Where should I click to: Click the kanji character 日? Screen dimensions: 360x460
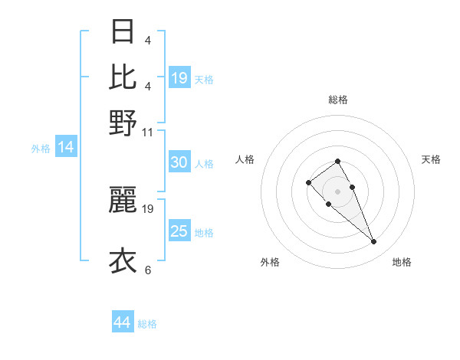[123, 32]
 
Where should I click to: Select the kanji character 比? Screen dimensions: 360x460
[123, 77]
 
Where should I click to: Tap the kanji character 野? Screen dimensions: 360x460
[123, 122]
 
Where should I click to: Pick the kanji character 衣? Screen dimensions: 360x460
[123, 260]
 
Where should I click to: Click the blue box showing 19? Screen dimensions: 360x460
[179, 77]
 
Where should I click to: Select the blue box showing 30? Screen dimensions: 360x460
[179, 162]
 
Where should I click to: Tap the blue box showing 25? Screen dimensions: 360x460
[179, 231]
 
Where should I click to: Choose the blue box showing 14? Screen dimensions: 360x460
[66, 147]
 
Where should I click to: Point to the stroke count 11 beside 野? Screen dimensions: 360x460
[148, 132]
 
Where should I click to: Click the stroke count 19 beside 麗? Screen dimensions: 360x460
[149, 208]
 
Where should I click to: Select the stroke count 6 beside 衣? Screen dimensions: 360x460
[148, 270]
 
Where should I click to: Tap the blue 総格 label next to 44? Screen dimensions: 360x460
[147, 324]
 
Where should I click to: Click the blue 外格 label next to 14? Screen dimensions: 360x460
[41, 149]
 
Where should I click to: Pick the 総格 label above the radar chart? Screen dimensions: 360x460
[337, 100]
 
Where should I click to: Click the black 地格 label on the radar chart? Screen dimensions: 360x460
[402, 262]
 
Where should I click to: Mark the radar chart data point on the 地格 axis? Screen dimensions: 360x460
[374, 242]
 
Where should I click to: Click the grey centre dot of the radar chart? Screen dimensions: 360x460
[337, 191]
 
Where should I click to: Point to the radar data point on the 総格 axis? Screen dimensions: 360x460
[337, 161]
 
